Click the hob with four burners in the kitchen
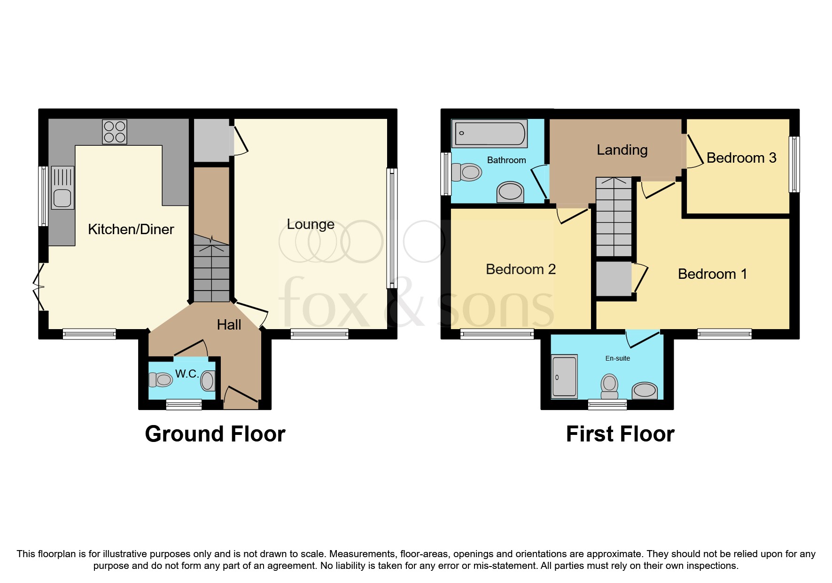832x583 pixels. click(x=115, y=132)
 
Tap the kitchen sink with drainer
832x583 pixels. click(x=62, y=188)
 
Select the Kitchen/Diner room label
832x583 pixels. click(x=131, y=229)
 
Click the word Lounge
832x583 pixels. click(x=311, y=224)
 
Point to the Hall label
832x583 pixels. click(x=229, y=324)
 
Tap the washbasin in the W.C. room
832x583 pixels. click(x=208, y=380)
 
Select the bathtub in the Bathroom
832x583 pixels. click(x=490, y=134)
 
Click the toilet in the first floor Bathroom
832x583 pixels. click(x=467, y=172)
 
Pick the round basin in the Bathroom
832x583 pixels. click(x=510, y=192)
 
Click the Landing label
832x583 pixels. click(x=622, y=150)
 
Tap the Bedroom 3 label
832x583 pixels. click(x=741, y=158)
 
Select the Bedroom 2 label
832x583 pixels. click(x=521, y=269)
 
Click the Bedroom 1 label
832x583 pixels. click(x=712, y=274)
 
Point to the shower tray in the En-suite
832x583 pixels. click(x=564, y=376)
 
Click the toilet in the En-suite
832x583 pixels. click(x=609, y=386)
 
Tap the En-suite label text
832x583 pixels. click(x=617, y=358)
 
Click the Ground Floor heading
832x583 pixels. click(x=215, y=433)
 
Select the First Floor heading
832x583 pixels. click(x=620, y=433)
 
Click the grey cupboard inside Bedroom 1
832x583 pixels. click(x=614, y=279)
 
